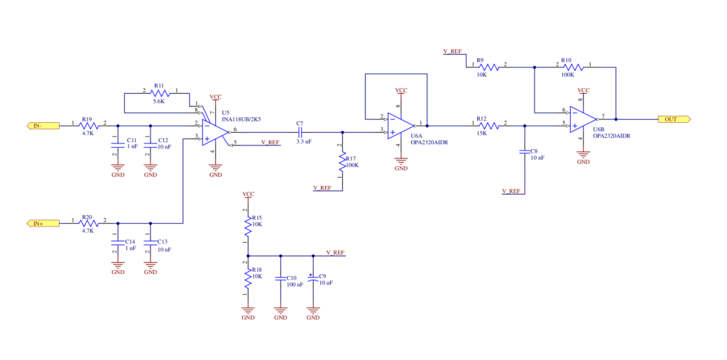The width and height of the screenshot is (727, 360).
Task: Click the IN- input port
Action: (x=43, y=125)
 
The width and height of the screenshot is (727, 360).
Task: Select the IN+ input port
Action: (x=43, y=223)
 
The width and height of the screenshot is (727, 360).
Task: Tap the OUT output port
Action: (x=674, y=119)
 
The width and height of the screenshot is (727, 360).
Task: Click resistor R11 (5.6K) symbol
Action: (x=160, y=94)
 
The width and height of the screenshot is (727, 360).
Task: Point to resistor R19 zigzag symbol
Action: (x=89, y=125)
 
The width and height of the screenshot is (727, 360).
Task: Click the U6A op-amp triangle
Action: (x=400, y=125)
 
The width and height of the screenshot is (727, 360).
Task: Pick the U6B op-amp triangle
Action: (x=584, y=119)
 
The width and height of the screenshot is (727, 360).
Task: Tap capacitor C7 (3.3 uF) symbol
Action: (x=299, y=132)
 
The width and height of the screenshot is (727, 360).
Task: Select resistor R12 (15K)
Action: (x=488, y=125)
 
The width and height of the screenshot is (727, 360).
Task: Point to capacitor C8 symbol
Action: (x=525, y=152)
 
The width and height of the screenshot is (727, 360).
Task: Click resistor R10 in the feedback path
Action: (x=573, y=67)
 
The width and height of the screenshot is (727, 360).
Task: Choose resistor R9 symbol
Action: (x=488, y=67)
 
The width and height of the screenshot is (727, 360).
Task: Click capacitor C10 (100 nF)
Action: (x=280, y=279)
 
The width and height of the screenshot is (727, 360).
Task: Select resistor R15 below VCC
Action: (x=248, y=226)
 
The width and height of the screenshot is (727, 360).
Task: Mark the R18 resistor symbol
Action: (x=248, y=278)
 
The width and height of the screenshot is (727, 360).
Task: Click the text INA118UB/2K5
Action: (x=241, y=119)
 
